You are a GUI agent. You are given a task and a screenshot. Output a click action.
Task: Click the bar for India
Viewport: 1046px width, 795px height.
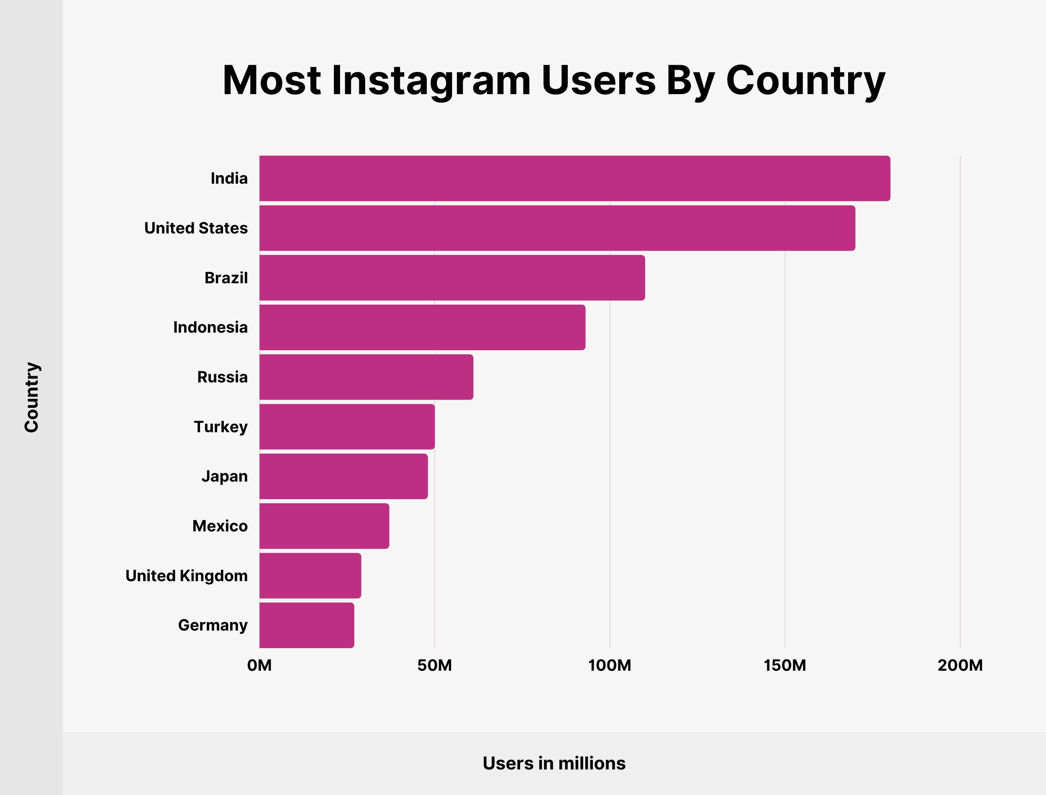coord(574,178)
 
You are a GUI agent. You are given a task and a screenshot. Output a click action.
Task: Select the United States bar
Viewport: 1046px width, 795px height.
coord(557,228)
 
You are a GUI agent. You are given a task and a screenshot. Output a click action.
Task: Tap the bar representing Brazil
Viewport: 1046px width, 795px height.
coord(452,278)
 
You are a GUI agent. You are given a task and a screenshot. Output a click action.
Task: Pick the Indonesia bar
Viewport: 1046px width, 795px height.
coord(422,328)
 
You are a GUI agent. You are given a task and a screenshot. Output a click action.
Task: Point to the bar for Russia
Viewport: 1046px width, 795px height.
coord(366,377)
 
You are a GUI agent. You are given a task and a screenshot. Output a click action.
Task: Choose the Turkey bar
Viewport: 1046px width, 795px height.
coord(347,427)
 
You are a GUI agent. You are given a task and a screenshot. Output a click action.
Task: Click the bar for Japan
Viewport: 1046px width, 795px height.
coord(344,477)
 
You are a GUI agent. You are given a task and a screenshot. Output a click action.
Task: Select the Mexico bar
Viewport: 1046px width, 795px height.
coord(324,526)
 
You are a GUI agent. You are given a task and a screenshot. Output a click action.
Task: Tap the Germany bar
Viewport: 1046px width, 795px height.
coord(307,625)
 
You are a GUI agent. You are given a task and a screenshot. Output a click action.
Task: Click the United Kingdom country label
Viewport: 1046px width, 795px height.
coord(186,576)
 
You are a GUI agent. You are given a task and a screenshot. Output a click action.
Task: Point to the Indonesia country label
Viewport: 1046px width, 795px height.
coord(210,328)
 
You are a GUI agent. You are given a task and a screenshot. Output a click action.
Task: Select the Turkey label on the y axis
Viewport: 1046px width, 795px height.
coord(220,427)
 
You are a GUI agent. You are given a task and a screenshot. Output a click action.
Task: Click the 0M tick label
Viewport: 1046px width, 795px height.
coord(259,665)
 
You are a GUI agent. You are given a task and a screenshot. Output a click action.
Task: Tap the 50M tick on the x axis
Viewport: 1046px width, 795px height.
coord(434,665)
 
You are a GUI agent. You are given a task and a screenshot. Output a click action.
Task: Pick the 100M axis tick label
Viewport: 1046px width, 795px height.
coord(609,665)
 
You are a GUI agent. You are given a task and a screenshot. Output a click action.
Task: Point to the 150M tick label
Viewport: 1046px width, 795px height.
coord(784,665)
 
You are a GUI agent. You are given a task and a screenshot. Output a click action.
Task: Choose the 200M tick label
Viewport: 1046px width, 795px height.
coord(960,665)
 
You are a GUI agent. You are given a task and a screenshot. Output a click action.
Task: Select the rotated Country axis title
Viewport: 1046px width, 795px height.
coord(32,397)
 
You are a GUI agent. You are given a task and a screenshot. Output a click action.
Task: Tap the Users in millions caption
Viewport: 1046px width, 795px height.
coord(554,763)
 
